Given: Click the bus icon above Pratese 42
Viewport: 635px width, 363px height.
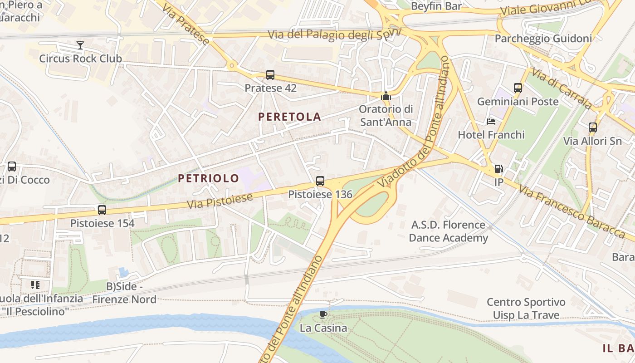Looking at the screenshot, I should coord(270,75).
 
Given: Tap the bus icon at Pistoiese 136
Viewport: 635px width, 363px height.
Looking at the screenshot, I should coord(320,181).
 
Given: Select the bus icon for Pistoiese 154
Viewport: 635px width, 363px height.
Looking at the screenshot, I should coord(102,210).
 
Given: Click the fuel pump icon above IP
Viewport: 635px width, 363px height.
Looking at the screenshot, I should coord(498,169).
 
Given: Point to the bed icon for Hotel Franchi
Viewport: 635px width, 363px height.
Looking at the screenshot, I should coord(491,122).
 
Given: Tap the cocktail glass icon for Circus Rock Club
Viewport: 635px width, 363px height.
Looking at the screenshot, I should coord(80,45).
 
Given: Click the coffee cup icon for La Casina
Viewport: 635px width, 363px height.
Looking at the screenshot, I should coord(323,314).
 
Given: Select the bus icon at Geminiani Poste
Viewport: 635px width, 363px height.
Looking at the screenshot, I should coord(518,88).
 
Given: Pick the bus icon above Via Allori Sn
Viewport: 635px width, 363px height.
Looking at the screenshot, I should coord(593,128).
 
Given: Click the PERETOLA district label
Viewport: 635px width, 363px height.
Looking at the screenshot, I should coord(289,117).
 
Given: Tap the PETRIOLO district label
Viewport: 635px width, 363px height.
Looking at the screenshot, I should coord(208,178).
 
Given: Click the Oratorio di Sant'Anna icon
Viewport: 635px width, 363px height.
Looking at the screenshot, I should coord(386,96).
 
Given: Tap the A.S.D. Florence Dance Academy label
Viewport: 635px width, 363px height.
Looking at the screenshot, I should coord(449,231).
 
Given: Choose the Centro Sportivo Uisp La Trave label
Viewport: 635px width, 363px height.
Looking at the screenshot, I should coord(526,309).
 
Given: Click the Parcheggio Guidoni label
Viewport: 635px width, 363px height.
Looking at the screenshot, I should coord(543,39).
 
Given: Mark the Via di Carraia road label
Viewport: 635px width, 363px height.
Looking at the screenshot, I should coord(562,88).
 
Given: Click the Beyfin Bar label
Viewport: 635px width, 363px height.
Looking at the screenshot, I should coord(436,6).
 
